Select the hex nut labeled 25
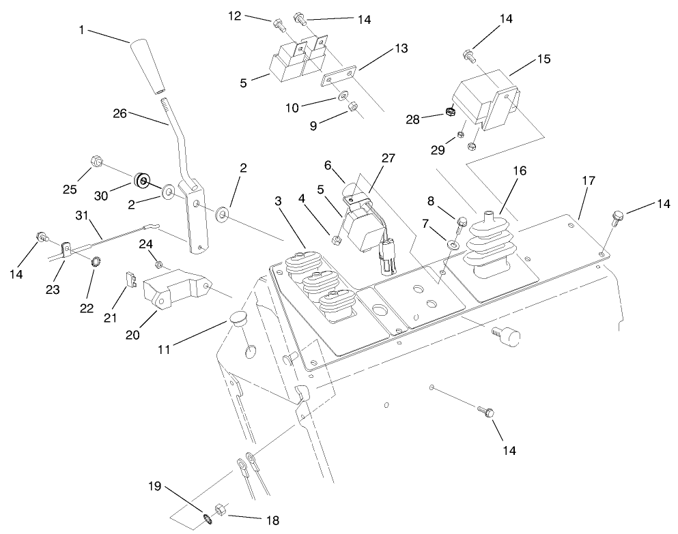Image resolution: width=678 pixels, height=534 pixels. pyautogui.click(x=96, y=162)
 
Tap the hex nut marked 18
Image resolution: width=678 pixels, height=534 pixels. pyautogui.click(x=221, y=509)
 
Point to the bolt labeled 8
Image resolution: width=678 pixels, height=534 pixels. pyautogui.click(x=460, y=220)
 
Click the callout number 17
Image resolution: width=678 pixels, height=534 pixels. pyautogui.click(x=588, y=181)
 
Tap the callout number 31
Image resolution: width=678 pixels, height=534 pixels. pyautogui.click(x=83, y=216)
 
